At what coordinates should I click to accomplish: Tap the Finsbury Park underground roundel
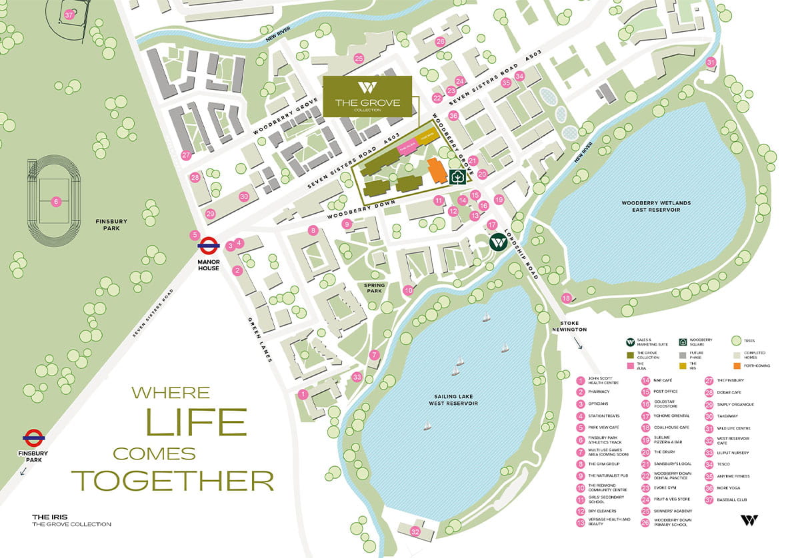point(33,437)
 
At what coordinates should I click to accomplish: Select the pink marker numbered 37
point(69,15)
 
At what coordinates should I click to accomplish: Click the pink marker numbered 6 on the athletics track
point(57,201)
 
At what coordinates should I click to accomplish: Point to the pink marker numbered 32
point(415,531)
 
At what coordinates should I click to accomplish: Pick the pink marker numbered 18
point(566,298)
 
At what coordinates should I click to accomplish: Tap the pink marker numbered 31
point(711,63)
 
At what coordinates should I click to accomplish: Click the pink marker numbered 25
point(359,59)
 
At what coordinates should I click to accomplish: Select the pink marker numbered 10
point(409,290)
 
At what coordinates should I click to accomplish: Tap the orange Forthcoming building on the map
point(437,171)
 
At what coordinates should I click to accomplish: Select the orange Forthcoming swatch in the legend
point(737,366)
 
